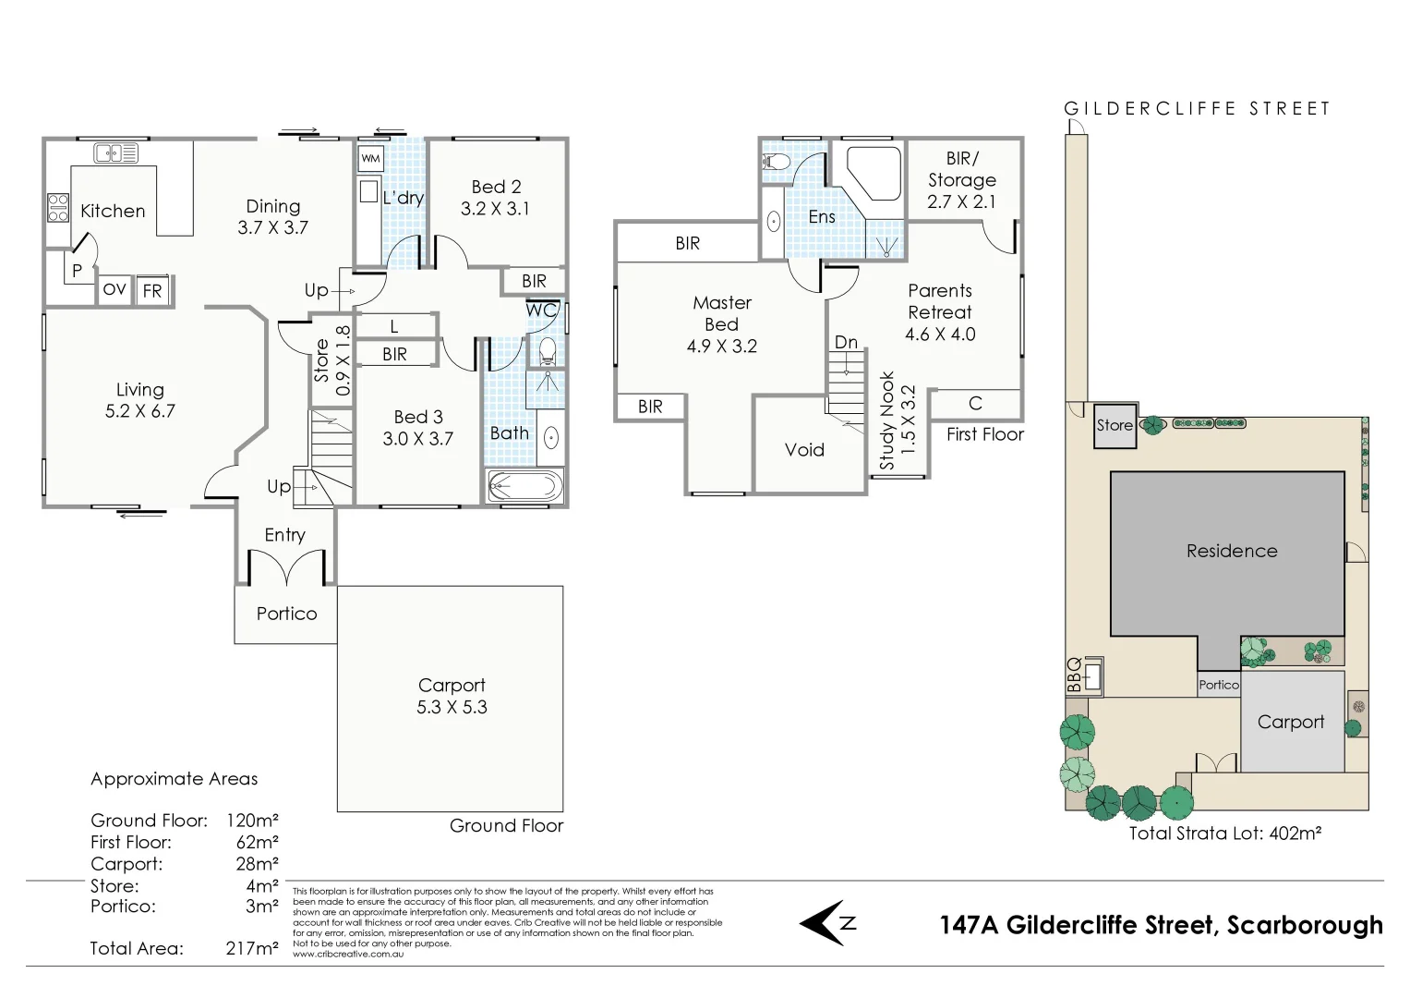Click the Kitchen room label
pos(113,211)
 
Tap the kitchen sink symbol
pos(115,153)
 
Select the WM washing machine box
pos(370,159)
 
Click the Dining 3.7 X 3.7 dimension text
pos(272,227)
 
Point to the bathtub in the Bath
pos(524,486)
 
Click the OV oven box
pos(114,290)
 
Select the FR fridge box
pos(152,290)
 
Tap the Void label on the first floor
pos(804,450)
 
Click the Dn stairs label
pos(846,342)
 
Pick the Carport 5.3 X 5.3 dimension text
pos(452,707)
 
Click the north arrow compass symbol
pos(825,922)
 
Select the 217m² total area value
pos(252,948)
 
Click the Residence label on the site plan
pos(1232,551)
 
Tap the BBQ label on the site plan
pos(1074,675)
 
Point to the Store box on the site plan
pos(1115,425)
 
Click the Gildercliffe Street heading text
pos(1197,109)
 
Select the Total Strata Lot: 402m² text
pos(1225,833)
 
